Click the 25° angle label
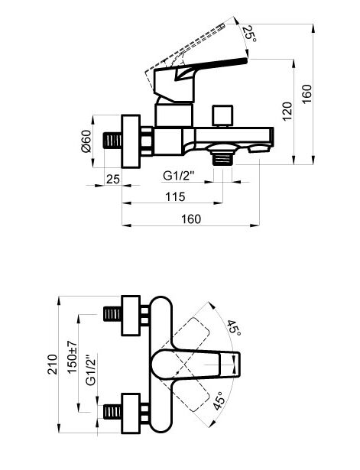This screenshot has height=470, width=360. (249, 34)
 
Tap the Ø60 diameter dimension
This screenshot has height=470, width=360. (86, 141)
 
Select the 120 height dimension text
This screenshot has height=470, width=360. (287, 112)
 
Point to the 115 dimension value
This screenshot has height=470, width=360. (175, 197)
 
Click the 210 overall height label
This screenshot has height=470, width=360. (53, 365)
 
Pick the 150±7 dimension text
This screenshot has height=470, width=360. (73, 357)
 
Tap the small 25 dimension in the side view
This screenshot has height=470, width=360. (113, 180)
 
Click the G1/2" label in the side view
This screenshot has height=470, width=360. (179, 175)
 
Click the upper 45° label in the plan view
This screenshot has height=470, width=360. (234, 328)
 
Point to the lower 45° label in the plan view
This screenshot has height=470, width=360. (219, 400)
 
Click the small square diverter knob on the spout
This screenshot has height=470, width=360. (222, 115)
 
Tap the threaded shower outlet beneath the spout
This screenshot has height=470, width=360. (222, 158)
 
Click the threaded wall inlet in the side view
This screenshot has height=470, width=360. (112, 141)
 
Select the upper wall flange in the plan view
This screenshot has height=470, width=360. (131, 316)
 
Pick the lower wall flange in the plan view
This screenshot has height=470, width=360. (131, 413)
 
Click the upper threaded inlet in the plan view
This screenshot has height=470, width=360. (112, 314)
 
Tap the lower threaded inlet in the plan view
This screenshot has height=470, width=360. (112, 412)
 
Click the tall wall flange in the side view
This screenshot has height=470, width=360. (131, 141)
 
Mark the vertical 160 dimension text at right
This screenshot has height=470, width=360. (307, 94)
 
